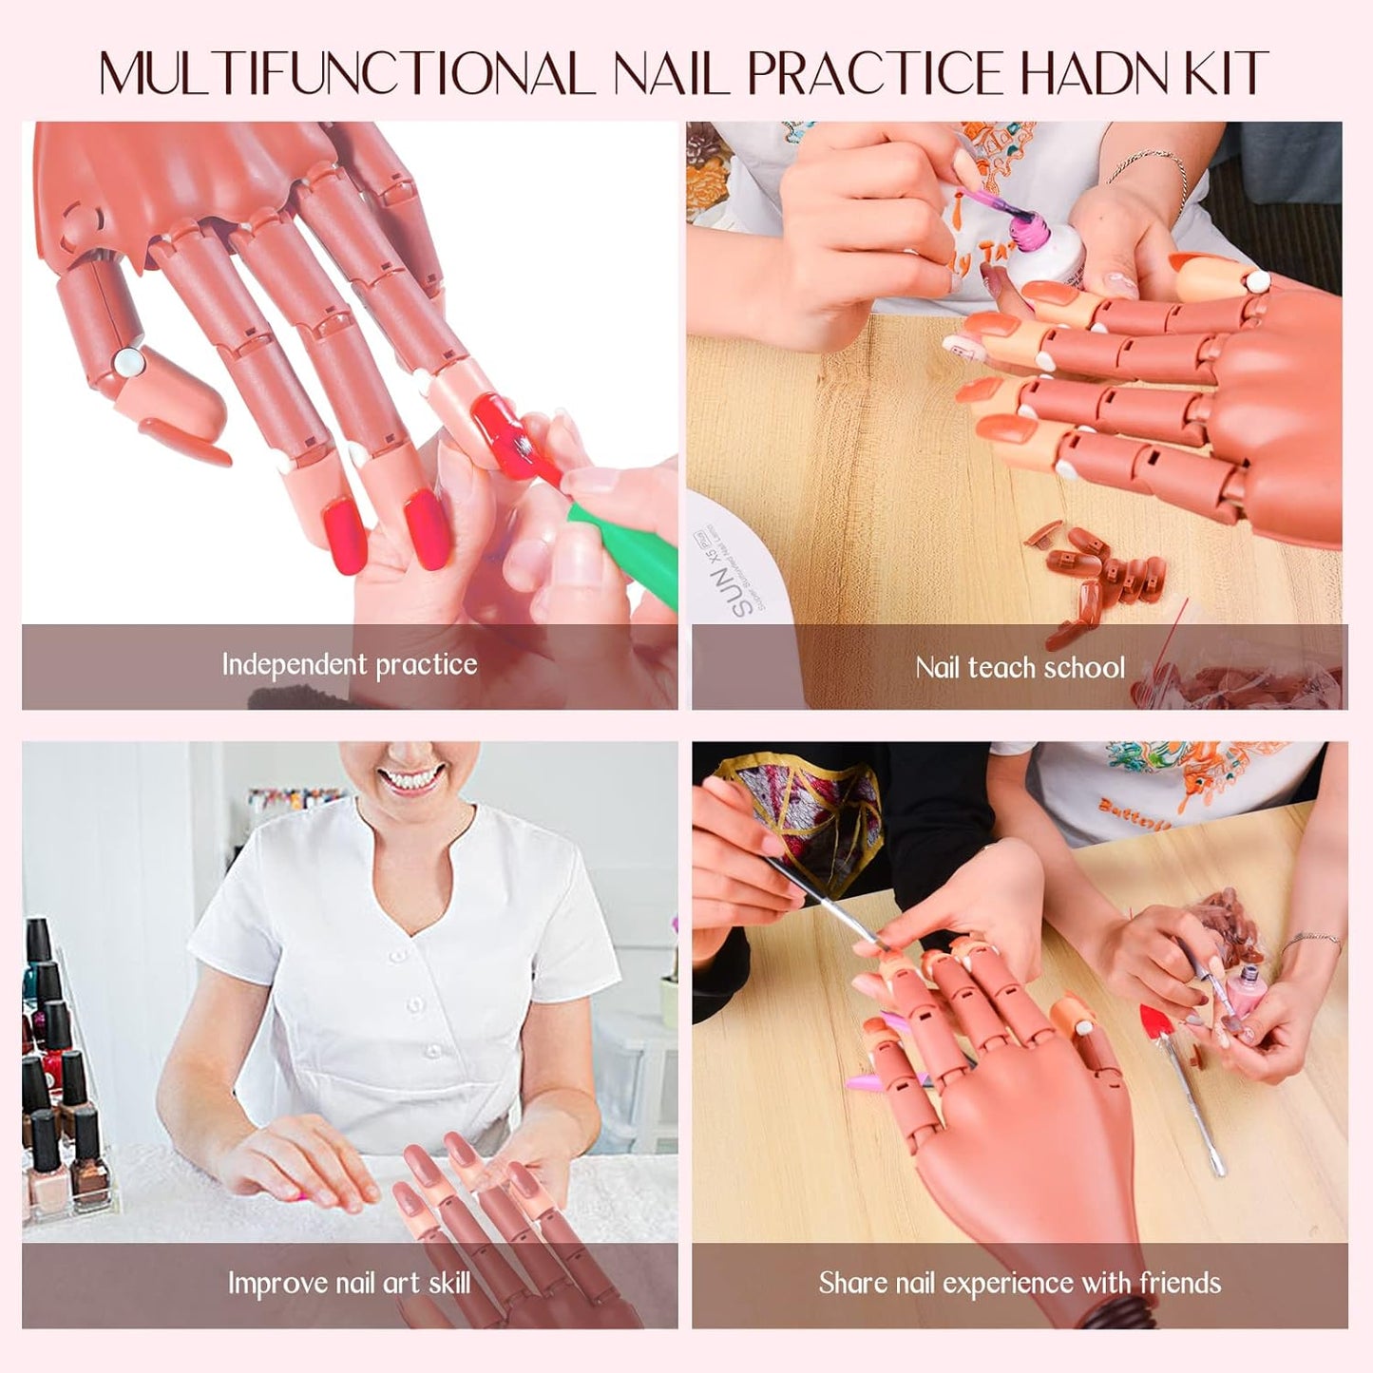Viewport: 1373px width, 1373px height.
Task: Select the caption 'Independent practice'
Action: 349,664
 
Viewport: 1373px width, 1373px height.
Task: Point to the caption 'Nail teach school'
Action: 1020,668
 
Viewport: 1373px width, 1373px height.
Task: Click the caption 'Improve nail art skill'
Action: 349,1284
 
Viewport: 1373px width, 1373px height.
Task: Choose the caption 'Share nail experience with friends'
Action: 1020,1284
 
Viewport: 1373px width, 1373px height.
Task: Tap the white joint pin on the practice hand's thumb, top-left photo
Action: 125,359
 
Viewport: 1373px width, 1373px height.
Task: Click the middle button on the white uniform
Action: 416,1003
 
